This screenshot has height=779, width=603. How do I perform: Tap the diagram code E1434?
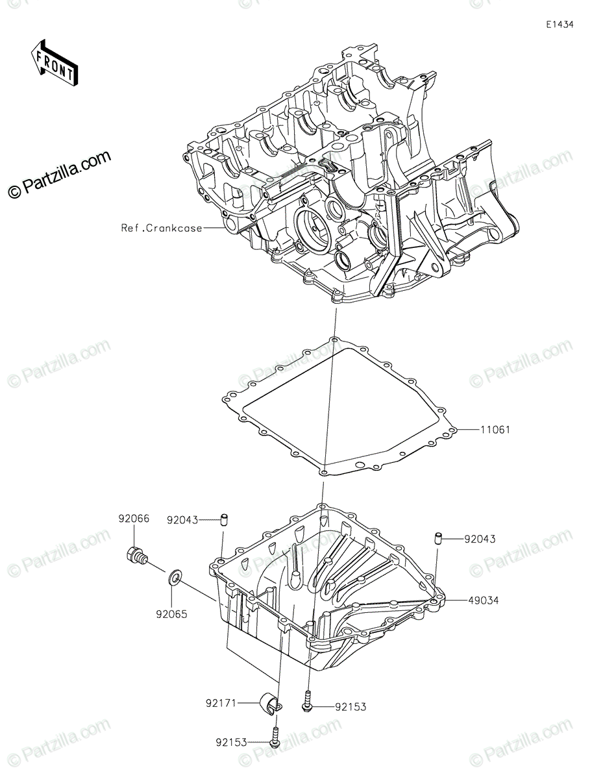coord(559,25)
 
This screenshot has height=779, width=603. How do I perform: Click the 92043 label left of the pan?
coord(182,519)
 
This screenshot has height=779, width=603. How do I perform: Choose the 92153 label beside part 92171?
coord(351,707)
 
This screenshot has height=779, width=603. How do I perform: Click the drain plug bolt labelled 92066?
coord(136,556)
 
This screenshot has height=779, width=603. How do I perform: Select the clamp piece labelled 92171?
coord(271,703)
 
